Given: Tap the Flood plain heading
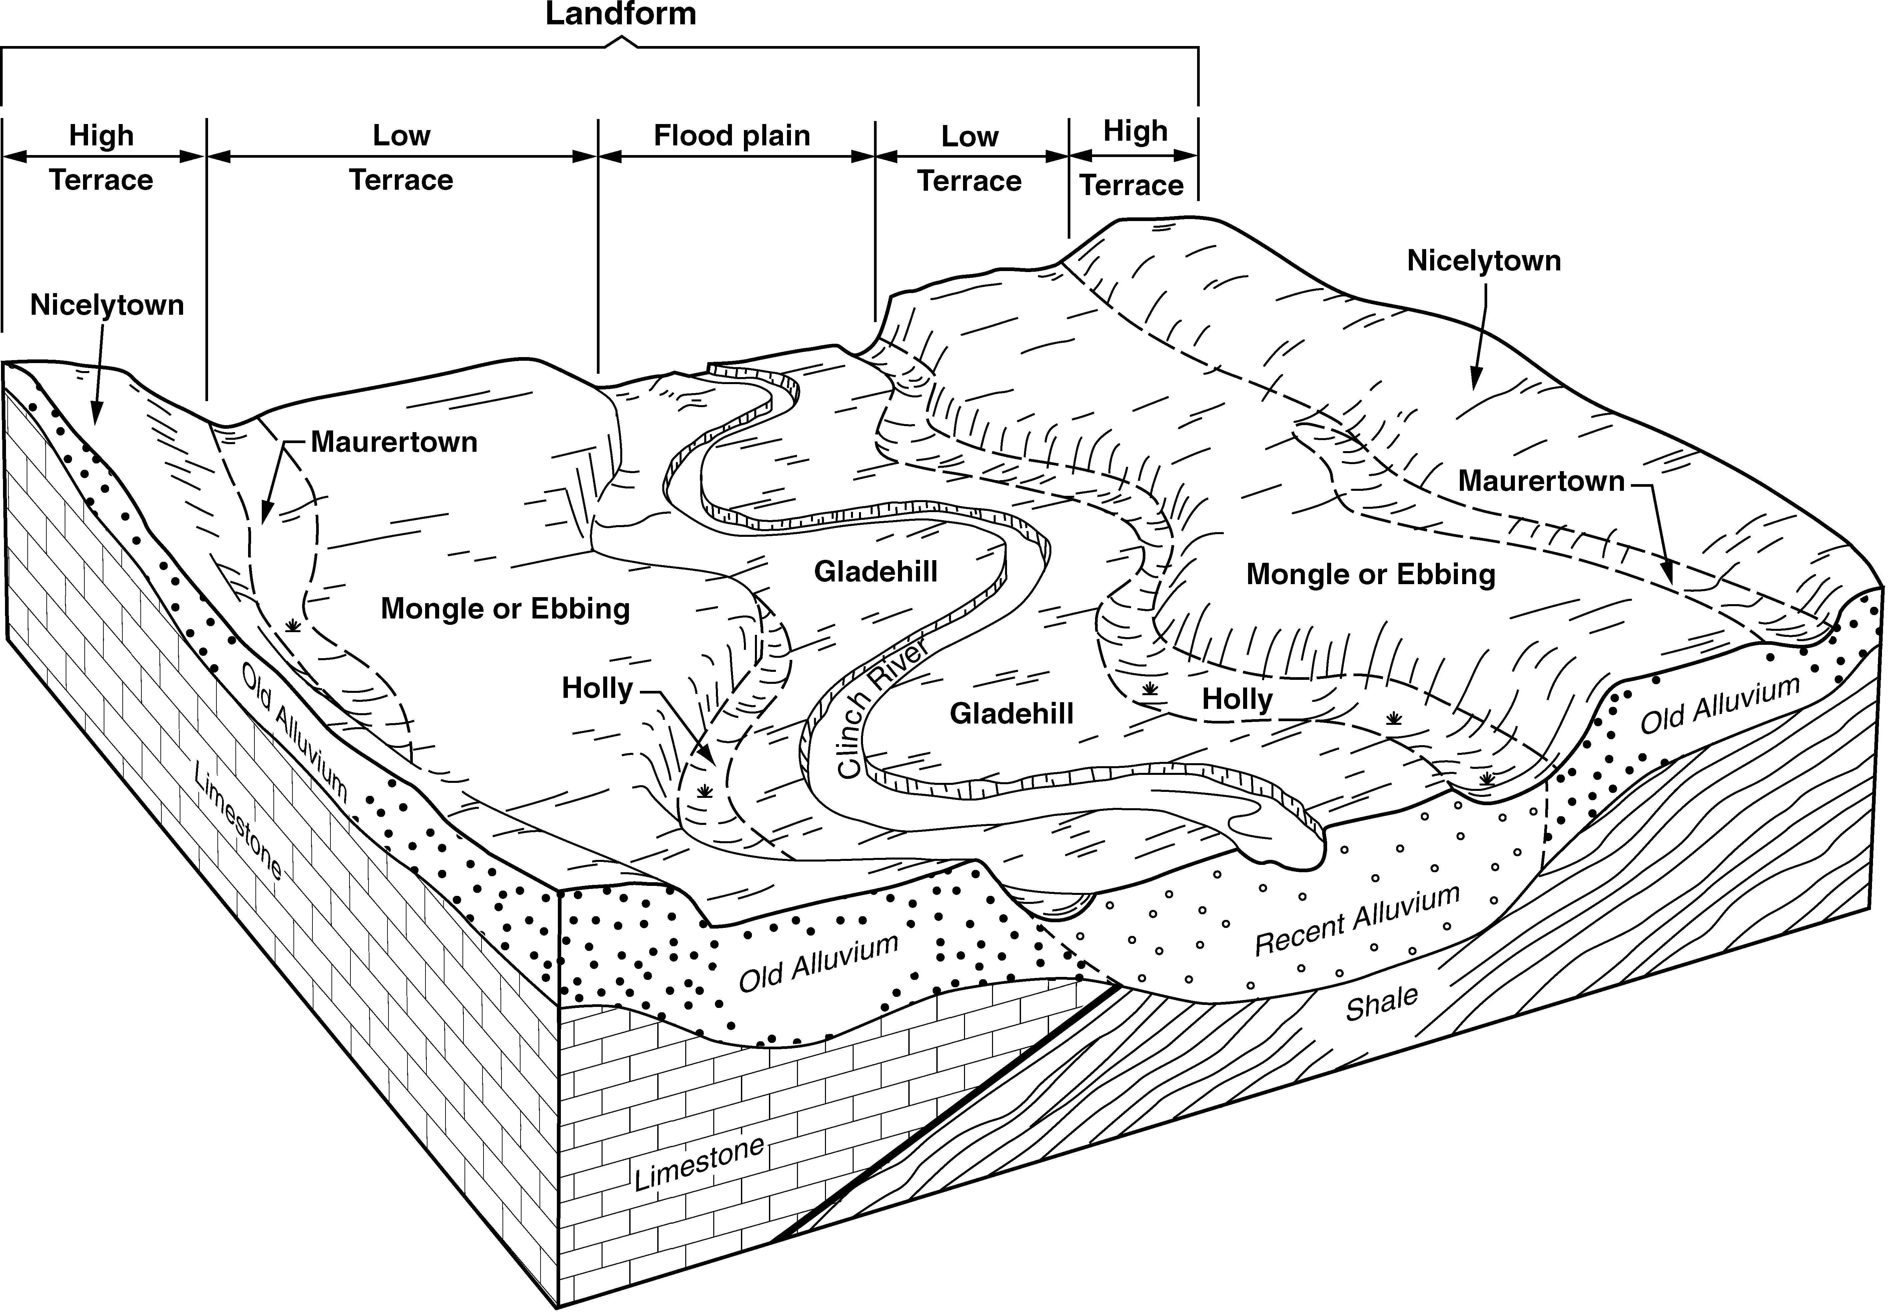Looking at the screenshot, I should (x=732, y=136).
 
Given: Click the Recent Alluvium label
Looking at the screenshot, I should (x=1356, y=921).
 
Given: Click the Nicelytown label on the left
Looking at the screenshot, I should (x=107, y=305).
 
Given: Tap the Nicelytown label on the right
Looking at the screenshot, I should (x=1484, y=261).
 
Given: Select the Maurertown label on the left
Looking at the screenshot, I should (x=394, y=442).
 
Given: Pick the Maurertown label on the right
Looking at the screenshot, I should (x=1541, y=481).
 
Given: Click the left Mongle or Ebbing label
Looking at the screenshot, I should (x=505, y=609).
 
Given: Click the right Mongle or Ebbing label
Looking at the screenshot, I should (x=1370, y=574).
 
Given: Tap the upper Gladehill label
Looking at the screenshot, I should (x=875, y=571).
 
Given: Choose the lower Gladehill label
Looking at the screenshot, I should (x=1011, y=714).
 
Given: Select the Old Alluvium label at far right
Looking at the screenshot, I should (x=1720, y=705).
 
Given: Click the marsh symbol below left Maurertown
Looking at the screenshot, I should (x=292, y=626).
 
